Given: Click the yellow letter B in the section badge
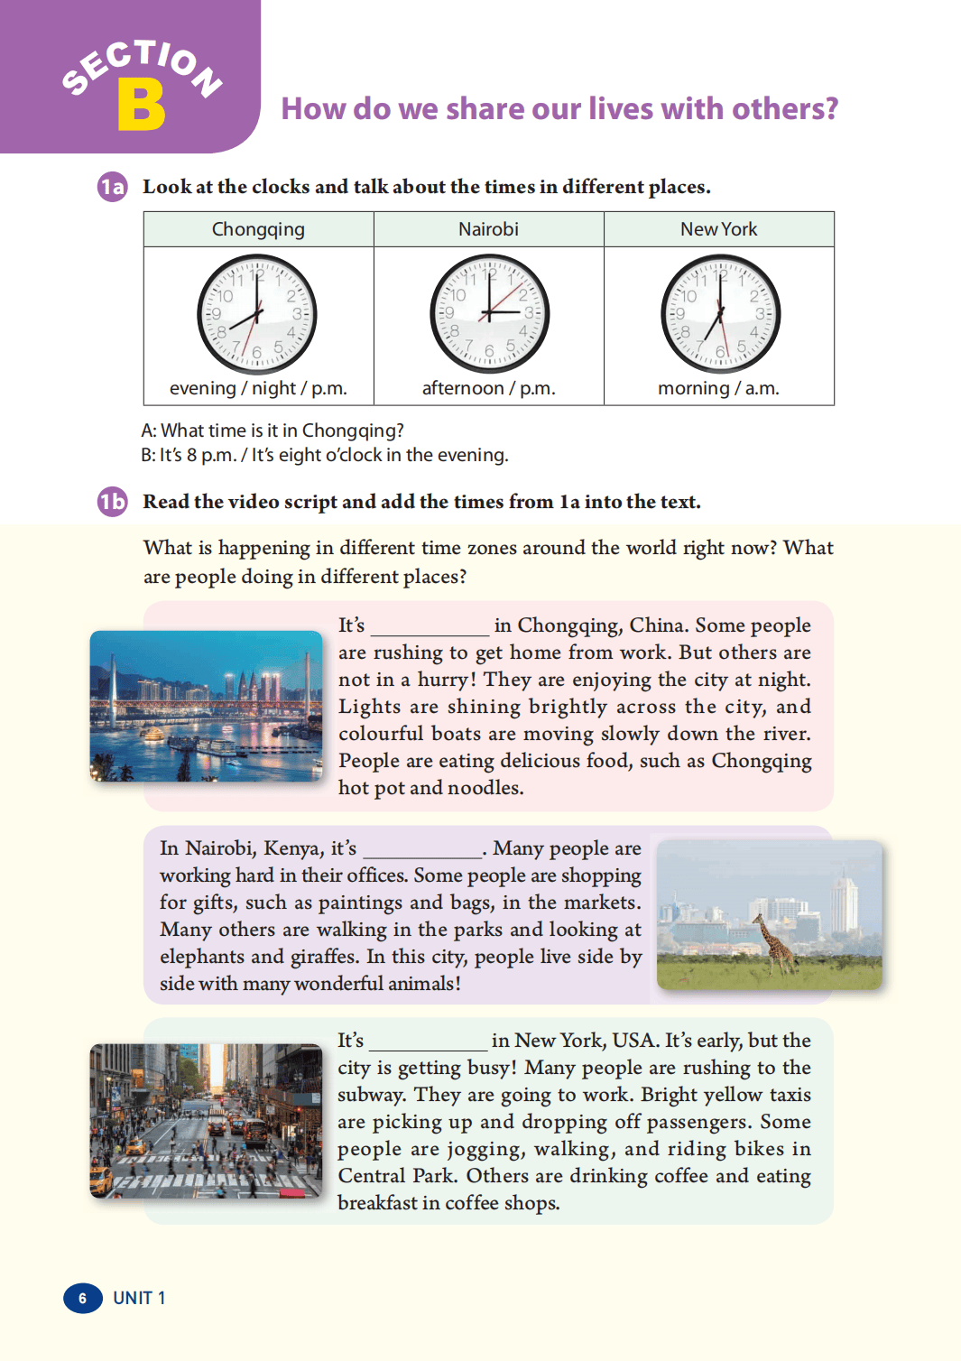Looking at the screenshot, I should (x=142, y=106).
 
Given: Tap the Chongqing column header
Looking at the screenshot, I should (x=258, y=229).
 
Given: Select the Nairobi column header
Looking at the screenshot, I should (x=488, y=229).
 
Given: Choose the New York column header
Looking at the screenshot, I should (x=718, y=229).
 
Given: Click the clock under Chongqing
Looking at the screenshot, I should (x=257, y=314).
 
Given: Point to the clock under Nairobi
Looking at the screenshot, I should (x=489, y=314).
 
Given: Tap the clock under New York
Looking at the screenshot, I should (x=720, y=314).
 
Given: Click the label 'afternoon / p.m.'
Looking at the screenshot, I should (x=488, y=388).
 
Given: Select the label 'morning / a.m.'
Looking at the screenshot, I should (x=718, y=388).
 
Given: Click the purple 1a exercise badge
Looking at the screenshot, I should (x=113, y=187).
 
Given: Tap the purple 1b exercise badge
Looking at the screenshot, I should (x=113, y=502).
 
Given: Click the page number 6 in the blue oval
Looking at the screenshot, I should (x=82, y=1298).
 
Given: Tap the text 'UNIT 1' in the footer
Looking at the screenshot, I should (x=139, y=1298).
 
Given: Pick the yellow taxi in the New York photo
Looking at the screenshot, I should (x=101, y=1177).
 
